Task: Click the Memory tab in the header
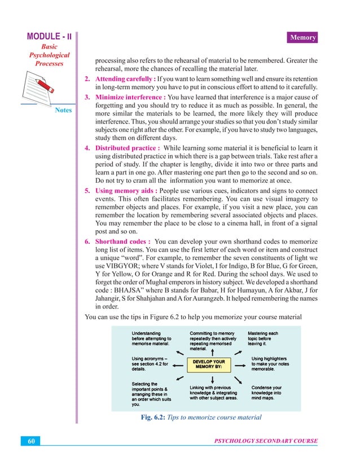[303, 38]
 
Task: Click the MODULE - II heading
[50, 37]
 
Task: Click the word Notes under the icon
[63, 110]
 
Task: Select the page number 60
[32, 441]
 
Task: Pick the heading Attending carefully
[125, 78]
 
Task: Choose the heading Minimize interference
[129, 97]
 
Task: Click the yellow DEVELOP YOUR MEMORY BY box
[210, 364]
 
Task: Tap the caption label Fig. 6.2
[153, 417]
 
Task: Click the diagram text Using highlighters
[269, 358]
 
